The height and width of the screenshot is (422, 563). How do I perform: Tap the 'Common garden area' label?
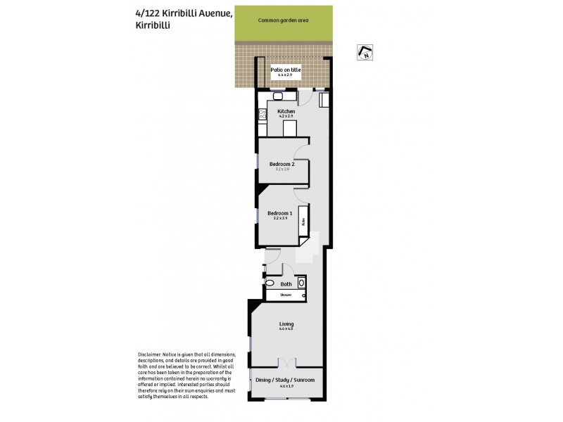click(284, 21)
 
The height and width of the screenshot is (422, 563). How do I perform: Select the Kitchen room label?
click(286, 112)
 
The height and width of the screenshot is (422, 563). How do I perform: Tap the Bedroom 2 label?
click(281, 164)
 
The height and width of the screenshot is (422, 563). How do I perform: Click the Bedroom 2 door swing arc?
click(301, 151)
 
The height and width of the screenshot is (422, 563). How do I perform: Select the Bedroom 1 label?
click(279, 212)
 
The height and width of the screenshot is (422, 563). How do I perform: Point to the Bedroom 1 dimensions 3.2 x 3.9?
click(279, 219)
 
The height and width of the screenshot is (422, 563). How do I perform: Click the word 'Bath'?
click(286, 284)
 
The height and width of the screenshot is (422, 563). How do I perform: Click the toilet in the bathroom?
click(302, 283)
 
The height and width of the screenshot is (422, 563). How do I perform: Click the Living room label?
click(286, 324)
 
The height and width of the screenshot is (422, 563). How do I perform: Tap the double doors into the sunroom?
click(286, 363)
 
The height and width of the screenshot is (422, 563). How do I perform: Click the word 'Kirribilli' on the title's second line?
click(154, 25)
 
